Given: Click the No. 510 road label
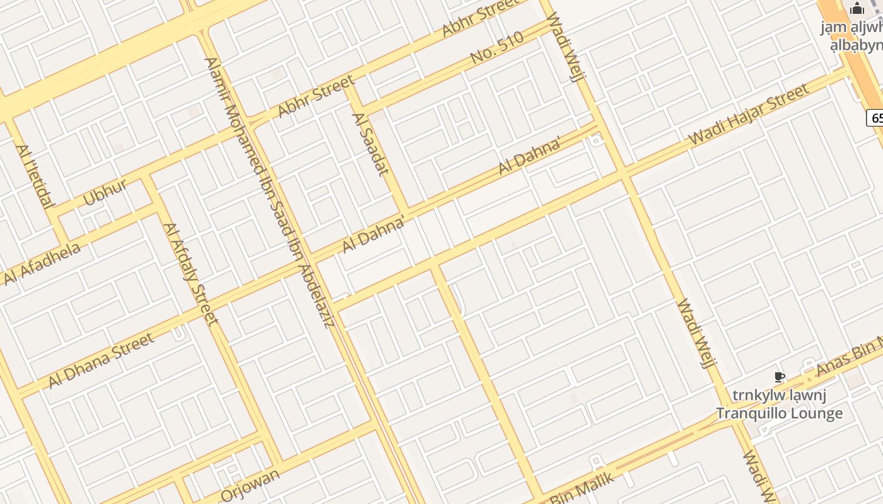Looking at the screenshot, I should pyautogui.click(x=497, y=49).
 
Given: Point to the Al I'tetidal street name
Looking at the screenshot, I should pyautogui.click(x=35, y=176).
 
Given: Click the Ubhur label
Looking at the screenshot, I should pyautogui.click(x=105, y=192).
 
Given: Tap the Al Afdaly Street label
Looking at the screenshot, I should pyautogui.click(x=190, y=274).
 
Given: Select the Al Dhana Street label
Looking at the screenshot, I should pyautogui.click(x=101, y=360).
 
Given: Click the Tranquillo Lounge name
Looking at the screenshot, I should pyautogui.click(x=779, y=414).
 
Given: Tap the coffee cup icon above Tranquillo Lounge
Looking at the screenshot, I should pyautogui.click(x=780, y=377).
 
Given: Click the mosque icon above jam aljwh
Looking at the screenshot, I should pyautogui.click(x=857, y=8).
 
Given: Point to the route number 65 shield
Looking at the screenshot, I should pyautogui.click(x=875, y=118).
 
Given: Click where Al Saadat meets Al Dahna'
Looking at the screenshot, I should pyautogui.click(x=406, y=211).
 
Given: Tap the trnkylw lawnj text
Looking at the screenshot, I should pyautogui.click(x=780, y=396).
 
